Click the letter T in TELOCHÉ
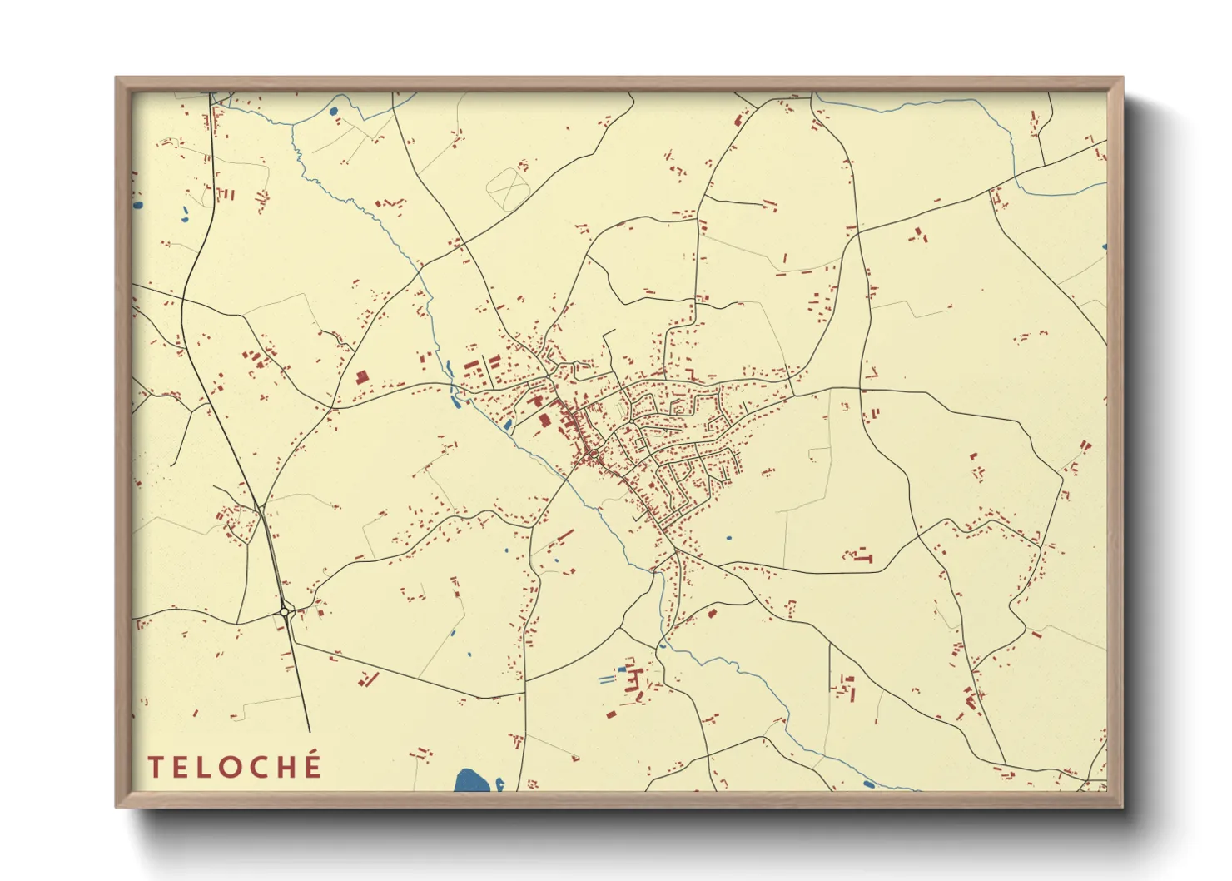click(x=156, y=767)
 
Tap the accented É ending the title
click(x=311, y=765)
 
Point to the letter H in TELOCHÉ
click(x=283, y=767)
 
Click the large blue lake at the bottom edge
click(x=471, y=781)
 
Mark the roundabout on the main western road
click(x=285, y=612)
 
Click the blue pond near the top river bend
click(x=334, y=110)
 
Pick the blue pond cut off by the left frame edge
click(x=137, y=204)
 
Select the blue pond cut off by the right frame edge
click(x=1104, y=246)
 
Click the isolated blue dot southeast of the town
click(x=728, y=538)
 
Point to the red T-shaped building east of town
click(x=862, y=556)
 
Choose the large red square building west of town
click(x=361, y=377)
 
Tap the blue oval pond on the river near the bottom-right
click(x=868, y=784)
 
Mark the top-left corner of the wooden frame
click(x=117, y=79)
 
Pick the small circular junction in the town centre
click(x=592, y=455)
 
